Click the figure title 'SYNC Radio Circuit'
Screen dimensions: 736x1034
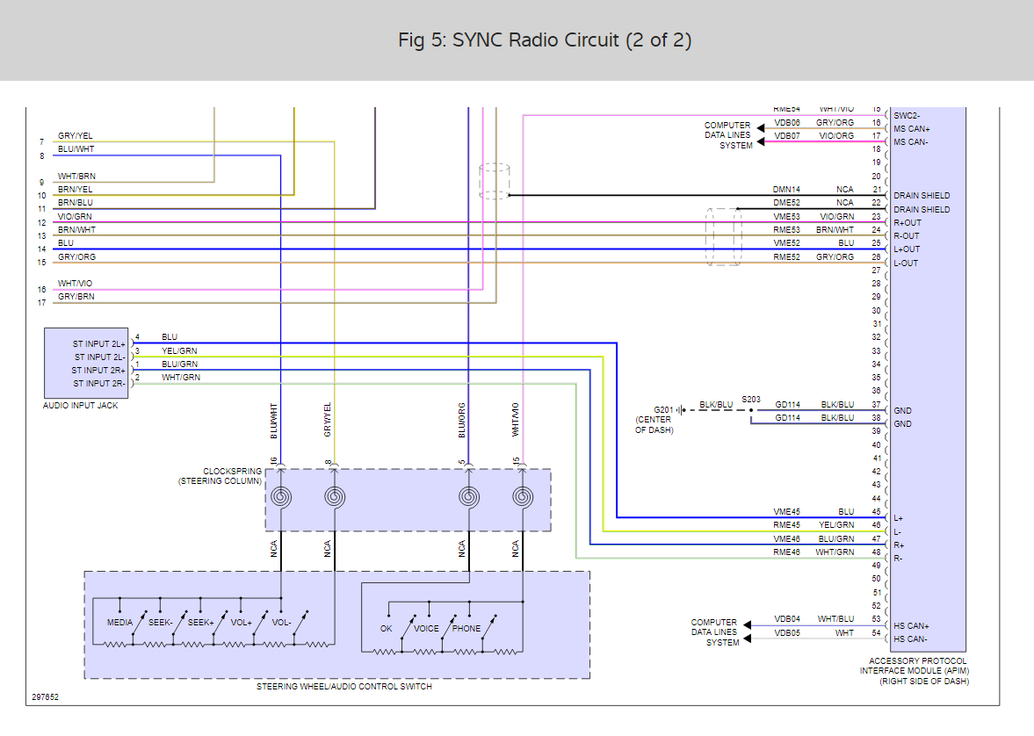[545, 40]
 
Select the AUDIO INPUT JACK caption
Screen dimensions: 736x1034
[80, 406]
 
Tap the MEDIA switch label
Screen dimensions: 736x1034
[119, 623]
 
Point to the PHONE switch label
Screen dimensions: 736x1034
[466, 629]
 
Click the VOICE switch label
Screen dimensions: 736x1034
[426, 629]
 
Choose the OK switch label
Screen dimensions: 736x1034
[387, 629]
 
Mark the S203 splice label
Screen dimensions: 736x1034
[751, 399]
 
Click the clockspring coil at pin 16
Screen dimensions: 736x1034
[281, 497]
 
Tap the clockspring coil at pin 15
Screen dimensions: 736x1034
[523, 497]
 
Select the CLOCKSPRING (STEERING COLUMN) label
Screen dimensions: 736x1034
[220, 476]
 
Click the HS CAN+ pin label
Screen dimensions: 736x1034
[911, 626]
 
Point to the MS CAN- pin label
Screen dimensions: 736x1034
[911, 142]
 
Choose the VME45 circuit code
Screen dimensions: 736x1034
[786, 512]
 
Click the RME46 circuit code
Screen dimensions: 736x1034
[786, 552]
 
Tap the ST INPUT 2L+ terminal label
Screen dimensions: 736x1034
[98, 344]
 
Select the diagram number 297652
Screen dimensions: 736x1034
[46, 697]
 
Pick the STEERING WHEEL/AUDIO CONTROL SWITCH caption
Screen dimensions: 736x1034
[344, 687]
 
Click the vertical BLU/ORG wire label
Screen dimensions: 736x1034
[461, 420]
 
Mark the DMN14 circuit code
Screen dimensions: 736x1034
[786, 190]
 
